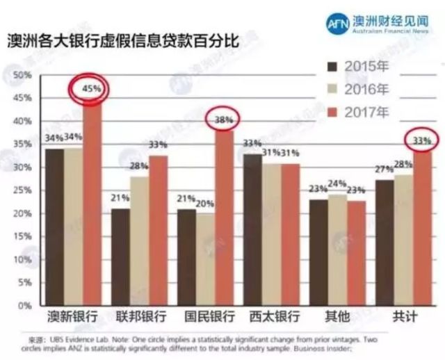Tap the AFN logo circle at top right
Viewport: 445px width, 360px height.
pyautogui.click(x=341, y=23)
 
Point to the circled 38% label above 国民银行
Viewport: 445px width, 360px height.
pyautogui.click(x=223, y=120)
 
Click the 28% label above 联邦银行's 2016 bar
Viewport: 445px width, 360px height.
pyautogui.click(x=139, y=166)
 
